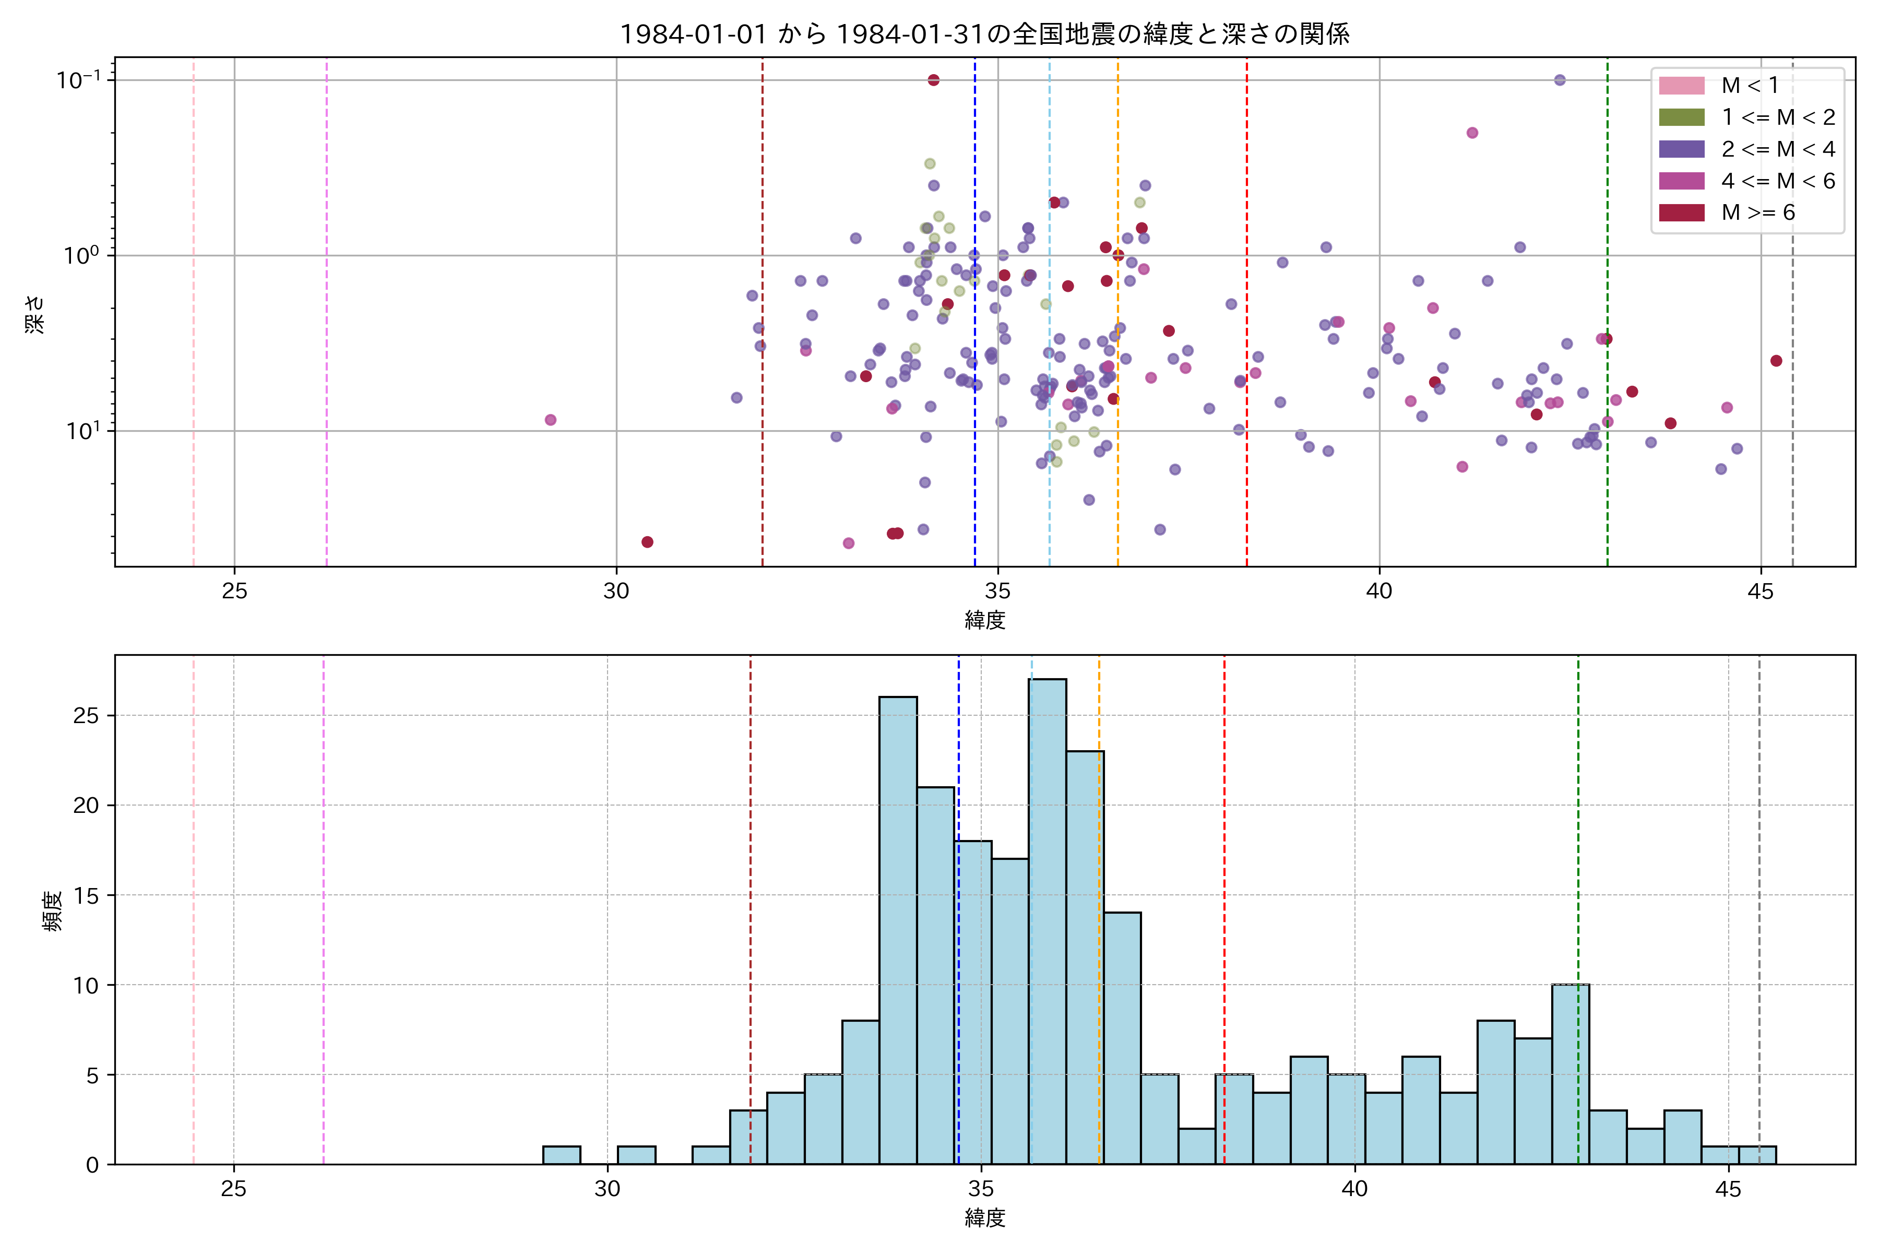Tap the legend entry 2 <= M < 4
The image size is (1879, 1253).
(x=1778, y=149)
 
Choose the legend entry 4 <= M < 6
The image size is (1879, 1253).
(x=1778, y=181)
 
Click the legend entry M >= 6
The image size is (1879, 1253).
(x=1757, y=212)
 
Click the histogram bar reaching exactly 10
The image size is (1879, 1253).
(x=1571, y=1075)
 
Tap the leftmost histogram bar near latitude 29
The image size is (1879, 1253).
(x=562, y=1155)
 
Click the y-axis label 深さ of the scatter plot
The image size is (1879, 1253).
(x=35, y=313)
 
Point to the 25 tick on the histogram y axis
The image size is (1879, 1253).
(x=86, y=716)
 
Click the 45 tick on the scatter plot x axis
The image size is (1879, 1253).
(x=1761, y=592)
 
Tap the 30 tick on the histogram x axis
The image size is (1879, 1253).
(x=607, y=1189)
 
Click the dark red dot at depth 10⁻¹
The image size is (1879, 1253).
(x=933, y=80)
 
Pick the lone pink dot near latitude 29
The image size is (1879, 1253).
(x=551, y=420)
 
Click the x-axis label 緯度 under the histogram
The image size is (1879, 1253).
(x=984, y=1218)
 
